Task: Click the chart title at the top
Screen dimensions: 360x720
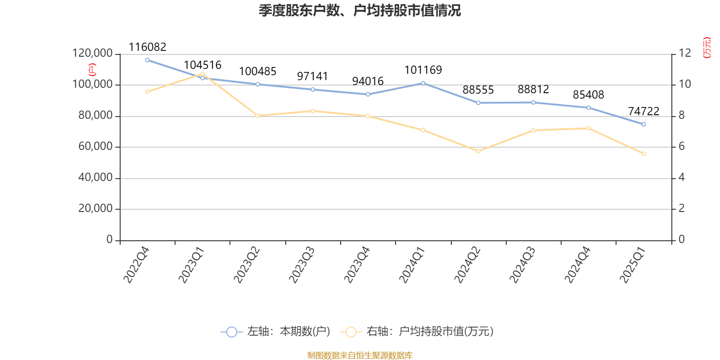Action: click(x=360, y=10)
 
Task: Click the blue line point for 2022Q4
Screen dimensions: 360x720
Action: click(x=147, y=60)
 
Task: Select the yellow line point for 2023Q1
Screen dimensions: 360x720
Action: click(x=202, y=74)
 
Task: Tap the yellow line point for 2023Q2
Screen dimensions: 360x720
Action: click(x=257, y=116)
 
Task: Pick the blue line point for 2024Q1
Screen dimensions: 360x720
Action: click(x=423, y=83)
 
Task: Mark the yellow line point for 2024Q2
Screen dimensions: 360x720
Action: click(x=478, y=151)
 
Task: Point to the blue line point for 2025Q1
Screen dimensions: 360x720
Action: click(x=643, y=124)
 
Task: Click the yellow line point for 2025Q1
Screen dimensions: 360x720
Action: click(x=643, y=154)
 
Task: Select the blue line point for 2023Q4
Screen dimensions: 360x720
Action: click(x=368, y=94)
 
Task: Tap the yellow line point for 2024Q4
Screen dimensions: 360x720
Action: click(x=589, y=128)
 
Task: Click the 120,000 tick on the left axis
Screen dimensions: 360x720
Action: click(x=92, y=54)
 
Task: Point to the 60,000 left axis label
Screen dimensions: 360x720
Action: click(x=95, y=147)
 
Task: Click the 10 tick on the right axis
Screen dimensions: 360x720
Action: click(x=685, y=85)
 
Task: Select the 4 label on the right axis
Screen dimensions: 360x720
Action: click(x=682, y=178)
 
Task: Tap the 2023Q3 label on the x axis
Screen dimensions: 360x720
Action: click(x=301, y=265)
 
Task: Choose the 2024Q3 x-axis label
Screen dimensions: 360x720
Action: click(x=522, y=265)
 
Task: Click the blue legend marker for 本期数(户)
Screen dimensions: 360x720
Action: click(x=231, y=332)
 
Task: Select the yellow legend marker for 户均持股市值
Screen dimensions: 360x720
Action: click(x=351, y=332)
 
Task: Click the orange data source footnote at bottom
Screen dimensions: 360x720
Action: click(x=360, y=355)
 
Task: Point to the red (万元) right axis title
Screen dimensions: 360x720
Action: click(x=707, y=48)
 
